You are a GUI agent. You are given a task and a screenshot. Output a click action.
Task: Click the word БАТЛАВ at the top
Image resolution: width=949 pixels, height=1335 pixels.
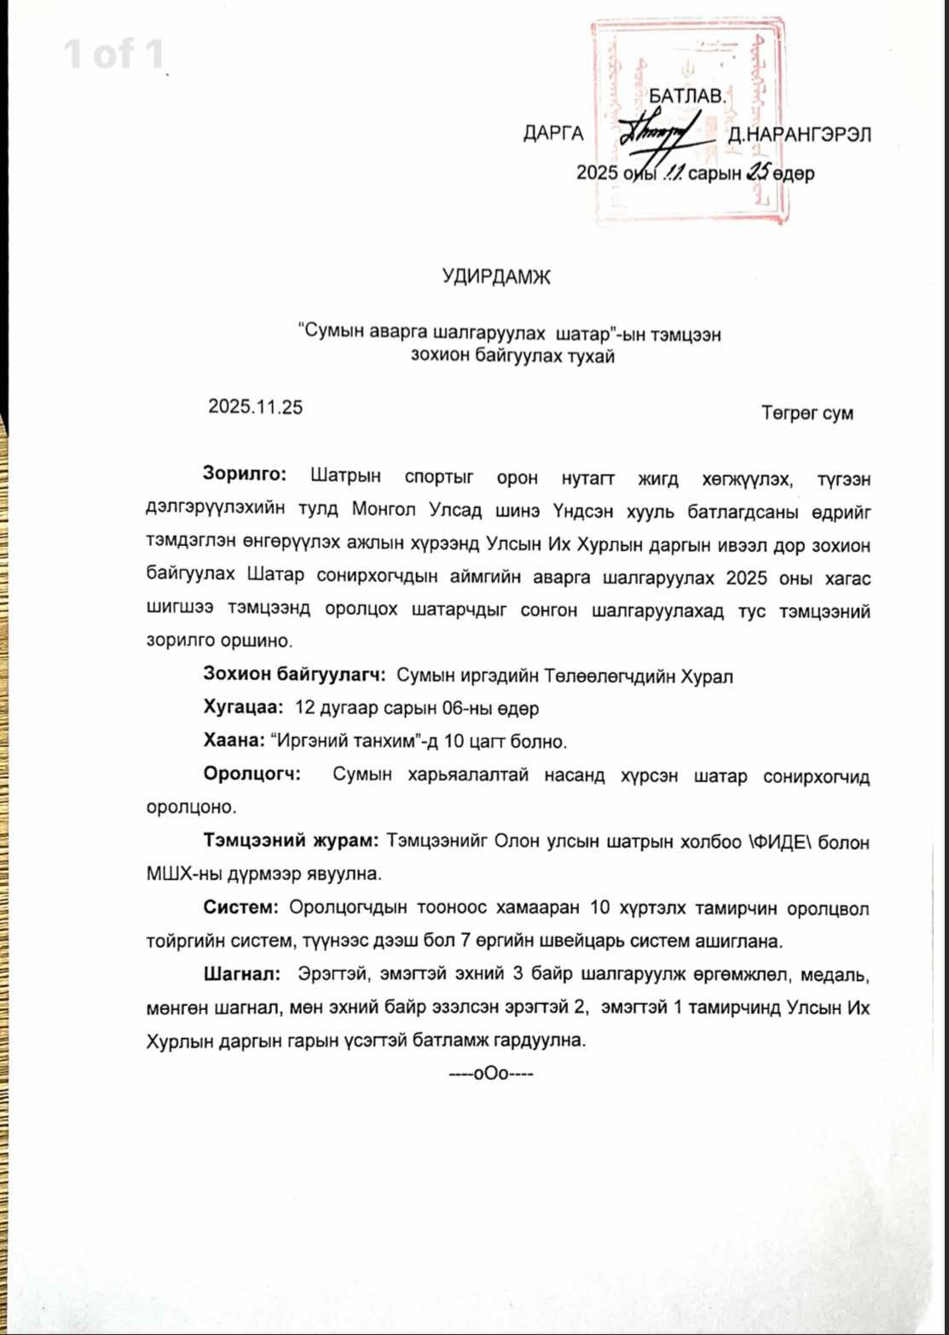687,96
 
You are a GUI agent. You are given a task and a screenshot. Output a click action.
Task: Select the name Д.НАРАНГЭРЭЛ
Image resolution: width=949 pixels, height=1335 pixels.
799,135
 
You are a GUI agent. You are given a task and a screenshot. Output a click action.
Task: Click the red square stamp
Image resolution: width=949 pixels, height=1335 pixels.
688,121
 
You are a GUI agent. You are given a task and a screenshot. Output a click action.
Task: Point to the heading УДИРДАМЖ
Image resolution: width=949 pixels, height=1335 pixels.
497,277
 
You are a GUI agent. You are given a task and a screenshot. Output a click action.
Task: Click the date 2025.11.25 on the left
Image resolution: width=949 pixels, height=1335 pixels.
255,407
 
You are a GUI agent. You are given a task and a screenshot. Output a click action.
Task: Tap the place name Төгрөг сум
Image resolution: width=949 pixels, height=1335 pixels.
807,414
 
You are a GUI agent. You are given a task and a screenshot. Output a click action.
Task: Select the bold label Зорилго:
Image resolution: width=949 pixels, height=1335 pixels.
245,474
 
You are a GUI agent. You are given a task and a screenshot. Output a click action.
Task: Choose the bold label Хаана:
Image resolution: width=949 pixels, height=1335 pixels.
234,740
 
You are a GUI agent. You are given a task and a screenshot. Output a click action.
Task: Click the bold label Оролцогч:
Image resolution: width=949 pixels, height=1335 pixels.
252,775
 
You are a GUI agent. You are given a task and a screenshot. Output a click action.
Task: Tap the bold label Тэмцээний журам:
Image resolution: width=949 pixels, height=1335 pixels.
291,841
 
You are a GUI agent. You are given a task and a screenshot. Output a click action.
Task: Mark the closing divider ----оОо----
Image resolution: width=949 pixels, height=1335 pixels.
490,1073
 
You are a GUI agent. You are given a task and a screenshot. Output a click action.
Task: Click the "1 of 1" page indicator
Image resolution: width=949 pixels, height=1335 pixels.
114,55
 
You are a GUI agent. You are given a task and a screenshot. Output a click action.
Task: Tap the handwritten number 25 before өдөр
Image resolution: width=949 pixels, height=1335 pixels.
757,172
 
